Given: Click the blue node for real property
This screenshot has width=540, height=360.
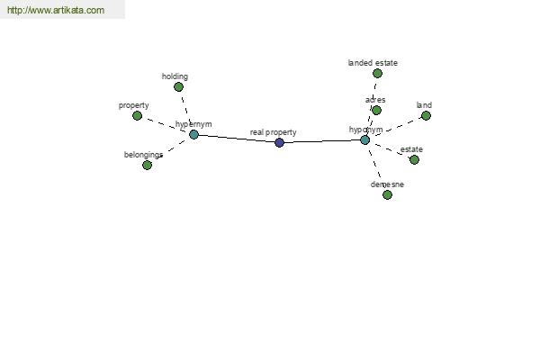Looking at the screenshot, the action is pyautogui.click(x=279, y=142).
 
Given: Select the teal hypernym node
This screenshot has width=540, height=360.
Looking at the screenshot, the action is pyautogui.click(x=193, y=134).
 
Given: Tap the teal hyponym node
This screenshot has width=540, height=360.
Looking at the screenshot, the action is pyautogui.click(x=364, y=139).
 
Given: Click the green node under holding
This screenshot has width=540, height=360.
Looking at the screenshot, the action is pyautogui.click(x=178, y=86).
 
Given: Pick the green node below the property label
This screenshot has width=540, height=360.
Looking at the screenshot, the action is pyautogui.click(x=137, y=116).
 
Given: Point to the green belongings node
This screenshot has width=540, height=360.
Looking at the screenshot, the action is pyautogui.click(x=147, y=165).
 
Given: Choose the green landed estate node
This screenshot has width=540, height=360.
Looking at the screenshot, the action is pyautogui.click(x=377, y=74).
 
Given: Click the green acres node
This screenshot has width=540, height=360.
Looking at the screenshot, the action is pyautogui.click(x=376, y=110).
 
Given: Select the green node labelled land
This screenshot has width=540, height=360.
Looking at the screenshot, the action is pyautogui.click(x=426, y=116).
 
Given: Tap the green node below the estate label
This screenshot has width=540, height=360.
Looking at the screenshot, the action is pyautogui.click(x=414, y=159).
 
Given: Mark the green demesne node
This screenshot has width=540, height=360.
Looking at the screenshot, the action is pyautogui.click(x=387, y=195).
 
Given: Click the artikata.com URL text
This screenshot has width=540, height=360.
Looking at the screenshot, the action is pyautogui.click(x=56, y=10).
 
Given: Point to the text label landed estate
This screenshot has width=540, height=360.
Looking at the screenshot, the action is pyautogui.click(x=373, y=63).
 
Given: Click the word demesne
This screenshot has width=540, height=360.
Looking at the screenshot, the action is pyautogui.click(x=387, y=184).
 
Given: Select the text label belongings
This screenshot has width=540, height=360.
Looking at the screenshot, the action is pyautogui.click(x=143, y=155).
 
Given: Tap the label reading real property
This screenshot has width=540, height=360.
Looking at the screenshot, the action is pyautogui.click(x=273, y=132).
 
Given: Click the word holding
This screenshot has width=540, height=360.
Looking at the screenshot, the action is pyautogui.click(x=175, y=76).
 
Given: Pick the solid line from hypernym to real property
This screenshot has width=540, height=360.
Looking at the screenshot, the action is pyautogui.click(x=237, y=138).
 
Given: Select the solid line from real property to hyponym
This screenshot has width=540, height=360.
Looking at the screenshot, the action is pyautogui.click(x=322, y=141).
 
